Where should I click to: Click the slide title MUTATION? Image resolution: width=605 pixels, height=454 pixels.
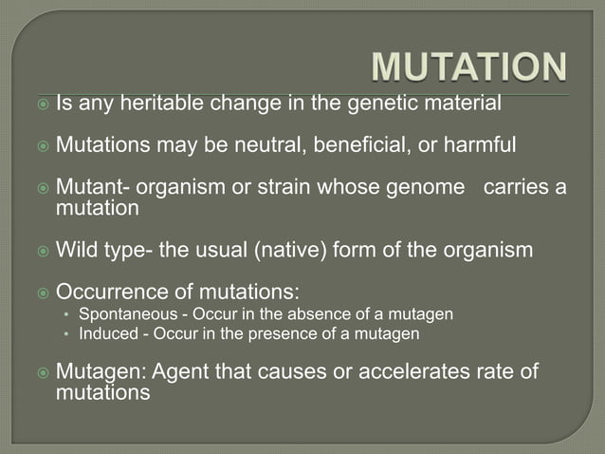click(x=468, y=68)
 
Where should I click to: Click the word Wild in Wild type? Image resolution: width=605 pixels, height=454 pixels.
click(x=77, y=251)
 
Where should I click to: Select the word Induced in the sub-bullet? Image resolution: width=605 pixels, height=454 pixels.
click(x=107, y=334)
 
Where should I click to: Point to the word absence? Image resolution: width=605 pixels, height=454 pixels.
click(x=292, y=314)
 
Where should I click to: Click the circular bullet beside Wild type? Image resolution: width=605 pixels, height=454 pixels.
click(x=41, y=252)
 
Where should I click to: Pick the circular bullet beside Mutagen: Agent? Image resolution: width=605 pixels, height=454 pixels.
click(x=41, y=372)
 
